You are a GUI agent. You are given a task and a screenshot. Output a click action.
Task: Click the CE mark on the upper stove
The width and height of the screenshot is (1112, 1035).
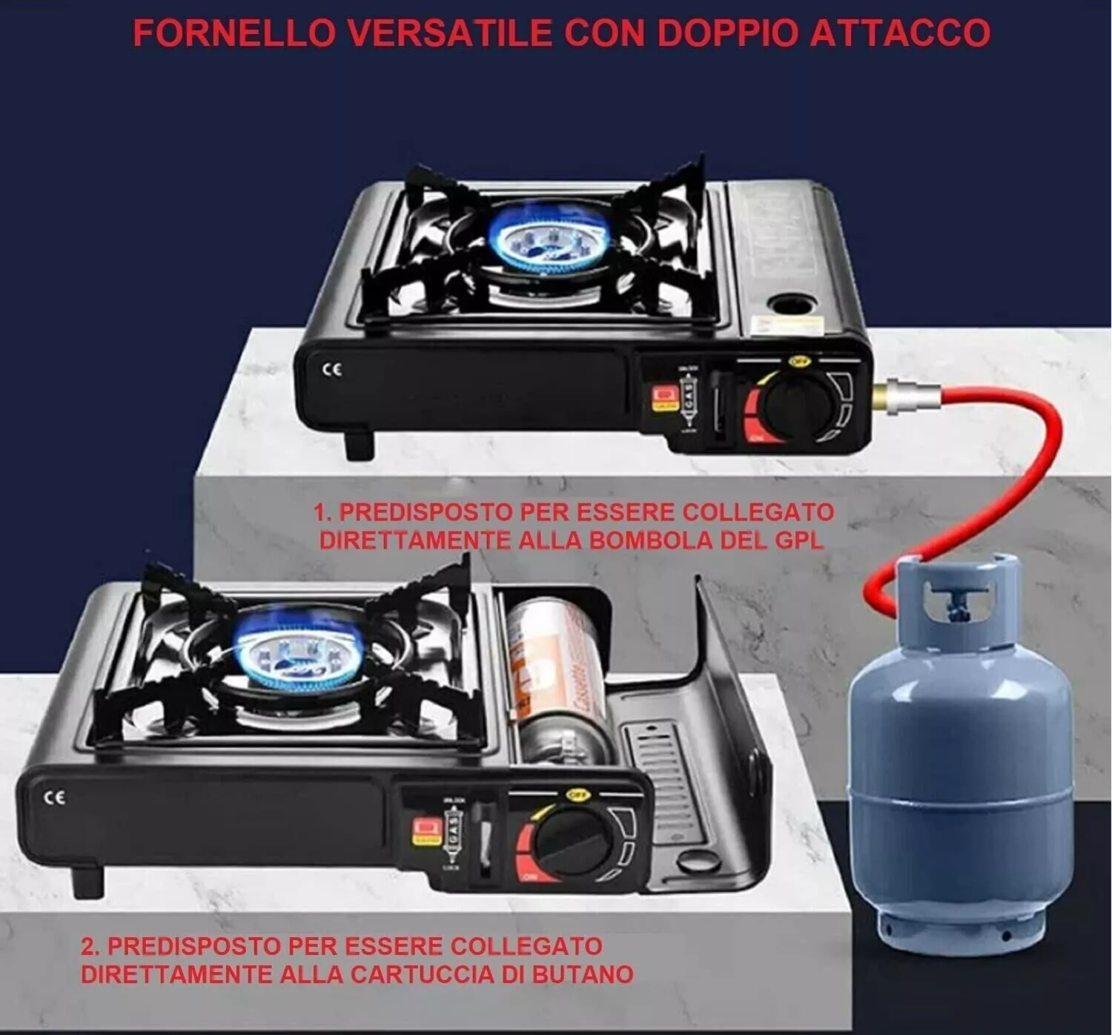pos(333,369)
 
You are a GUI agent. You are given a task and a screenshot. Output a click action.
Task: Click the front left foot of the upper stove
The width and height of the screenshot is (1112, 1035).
pos(360,444)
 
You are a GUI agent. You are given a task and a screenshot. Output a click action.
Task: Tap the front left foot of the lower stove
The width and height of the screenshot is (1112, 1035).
pos(87,880)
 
